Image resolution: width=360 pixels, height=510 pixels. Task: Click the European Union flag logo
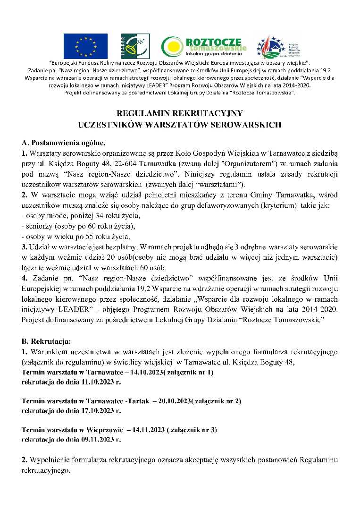click(x=85, y=46)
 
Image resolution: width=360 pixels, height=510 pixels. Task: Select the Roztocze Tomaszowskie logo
click(x=204, y=46)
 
